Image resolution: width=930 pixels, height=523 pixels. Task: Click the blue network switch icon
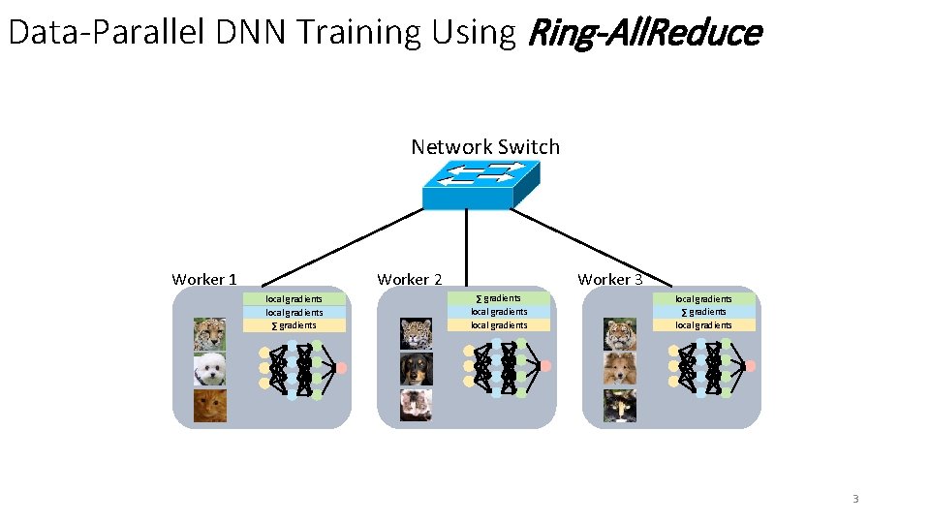pos(480,185)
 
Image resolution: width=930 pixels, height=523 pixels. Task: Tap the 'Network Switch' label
pos(485,147)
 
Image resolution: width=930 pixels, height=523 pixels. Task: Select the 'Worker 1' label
pos(204,279)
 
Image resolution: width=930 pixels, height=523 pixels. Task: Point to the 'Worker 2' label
pos(410,279)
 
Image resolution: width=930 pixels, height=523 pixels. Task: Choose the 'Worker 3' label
pos(610,279)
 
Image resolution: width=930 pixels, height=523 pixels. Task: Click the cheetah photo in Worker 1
pos(209,334)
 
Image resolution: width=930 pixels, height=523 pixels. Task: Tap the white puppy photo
pos(209,370)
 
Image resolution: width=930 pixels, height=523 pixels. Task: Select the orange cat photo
pos(209,406)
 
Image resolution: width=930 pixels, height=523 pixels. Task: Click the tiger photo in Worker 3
pos(620,334)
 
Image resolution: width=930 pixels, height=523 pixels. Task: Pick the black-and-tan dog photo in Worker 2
pos(417,369)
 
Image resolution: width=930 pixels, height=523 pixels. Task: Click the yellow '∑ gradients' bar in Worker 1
pos(294,325)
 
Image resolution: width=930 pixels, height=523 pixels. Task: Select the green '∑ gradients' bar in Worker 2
pos(499,298)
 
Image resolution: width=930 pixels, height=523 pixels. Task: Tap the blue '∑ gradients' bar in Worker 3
pos(703,312)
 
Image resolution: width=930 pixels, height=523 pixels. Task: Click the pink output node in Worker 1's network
pos(341,367)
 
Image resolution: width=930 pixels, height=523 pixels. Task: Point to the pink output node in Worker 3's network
pos(750,366)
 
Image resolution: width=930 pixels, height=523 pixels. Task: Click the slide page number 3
pos(855,499)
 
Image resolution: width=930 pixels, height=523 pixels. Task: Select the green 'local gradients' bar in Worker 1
pos(294,299)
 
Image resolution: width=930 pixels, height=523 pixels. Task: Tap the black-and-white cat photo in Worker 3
pos(620,405)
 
